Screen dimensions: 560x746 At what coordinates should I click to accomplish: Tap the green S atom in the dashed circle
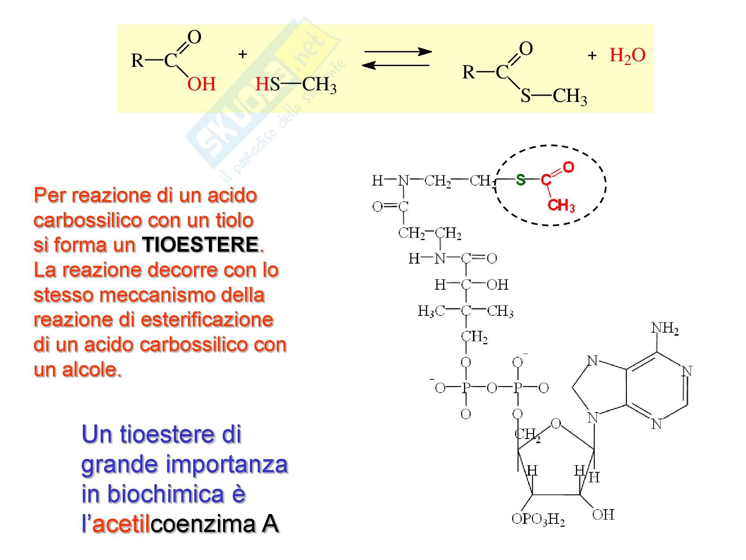pos(520,180)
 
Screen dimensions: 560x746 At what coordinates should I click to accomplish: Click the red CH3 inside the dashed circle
pos(561,206)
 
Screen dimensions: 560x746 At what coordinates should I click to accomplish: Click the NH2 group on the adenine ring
pos(665,329)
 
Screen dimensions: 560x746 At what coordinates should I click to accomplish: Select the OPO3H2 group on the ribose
pos(538,519)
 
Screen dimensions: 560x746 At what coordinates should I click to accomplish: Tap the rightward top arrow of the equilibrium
pos(398,52)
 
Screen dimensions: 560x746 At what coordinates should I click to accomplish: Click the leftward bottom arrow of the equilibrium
pos(395,66)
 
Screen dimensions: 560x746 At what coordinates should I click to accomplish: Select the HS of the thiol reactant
pos(267,84)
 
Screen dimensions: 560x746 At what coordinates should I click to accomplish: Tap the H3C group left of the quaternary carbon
pos(431,311)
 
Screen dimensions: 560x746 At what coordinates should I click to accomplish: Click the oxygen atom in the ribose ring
pos(556,423)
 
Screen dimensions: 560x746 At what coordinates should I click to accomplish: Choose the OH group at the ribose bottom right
pos(603,515)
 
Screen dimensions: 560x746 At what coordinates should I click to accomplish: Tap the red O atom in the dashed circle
pos(568,167)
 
